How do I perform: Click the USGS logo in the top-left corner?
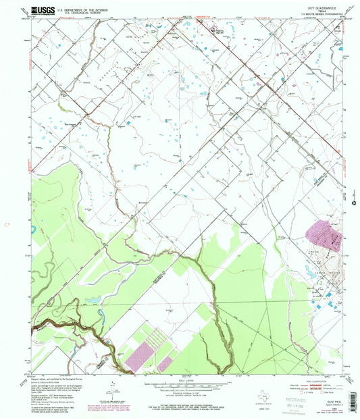coord(42,11)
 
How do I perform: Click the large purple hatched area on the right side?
coord(323,237)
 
